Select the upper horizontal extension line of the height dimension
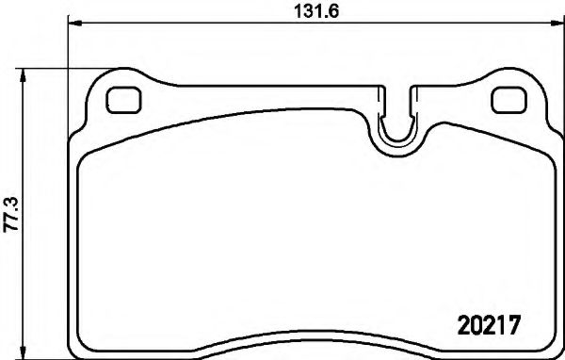point(75,67)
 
